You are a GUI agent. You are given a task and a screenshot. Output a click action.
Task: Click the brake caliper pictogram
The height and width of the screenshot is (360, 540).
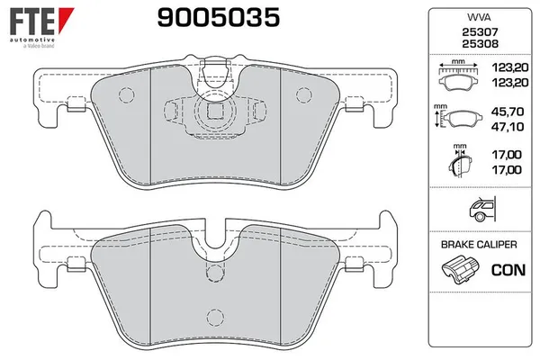[460, 268]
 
